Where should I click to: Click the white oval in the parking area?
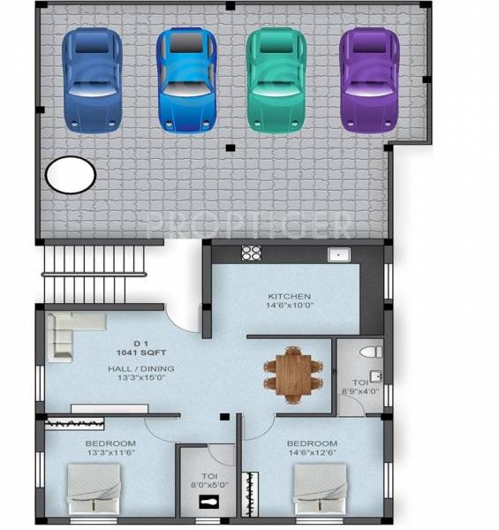click(71, 175)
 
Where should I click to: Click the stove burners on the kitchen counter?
click(252, 254)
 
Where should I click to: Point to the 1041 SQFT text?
click(138, 352)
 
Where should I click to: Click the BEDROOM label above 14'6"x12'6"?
click(312, 443)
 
